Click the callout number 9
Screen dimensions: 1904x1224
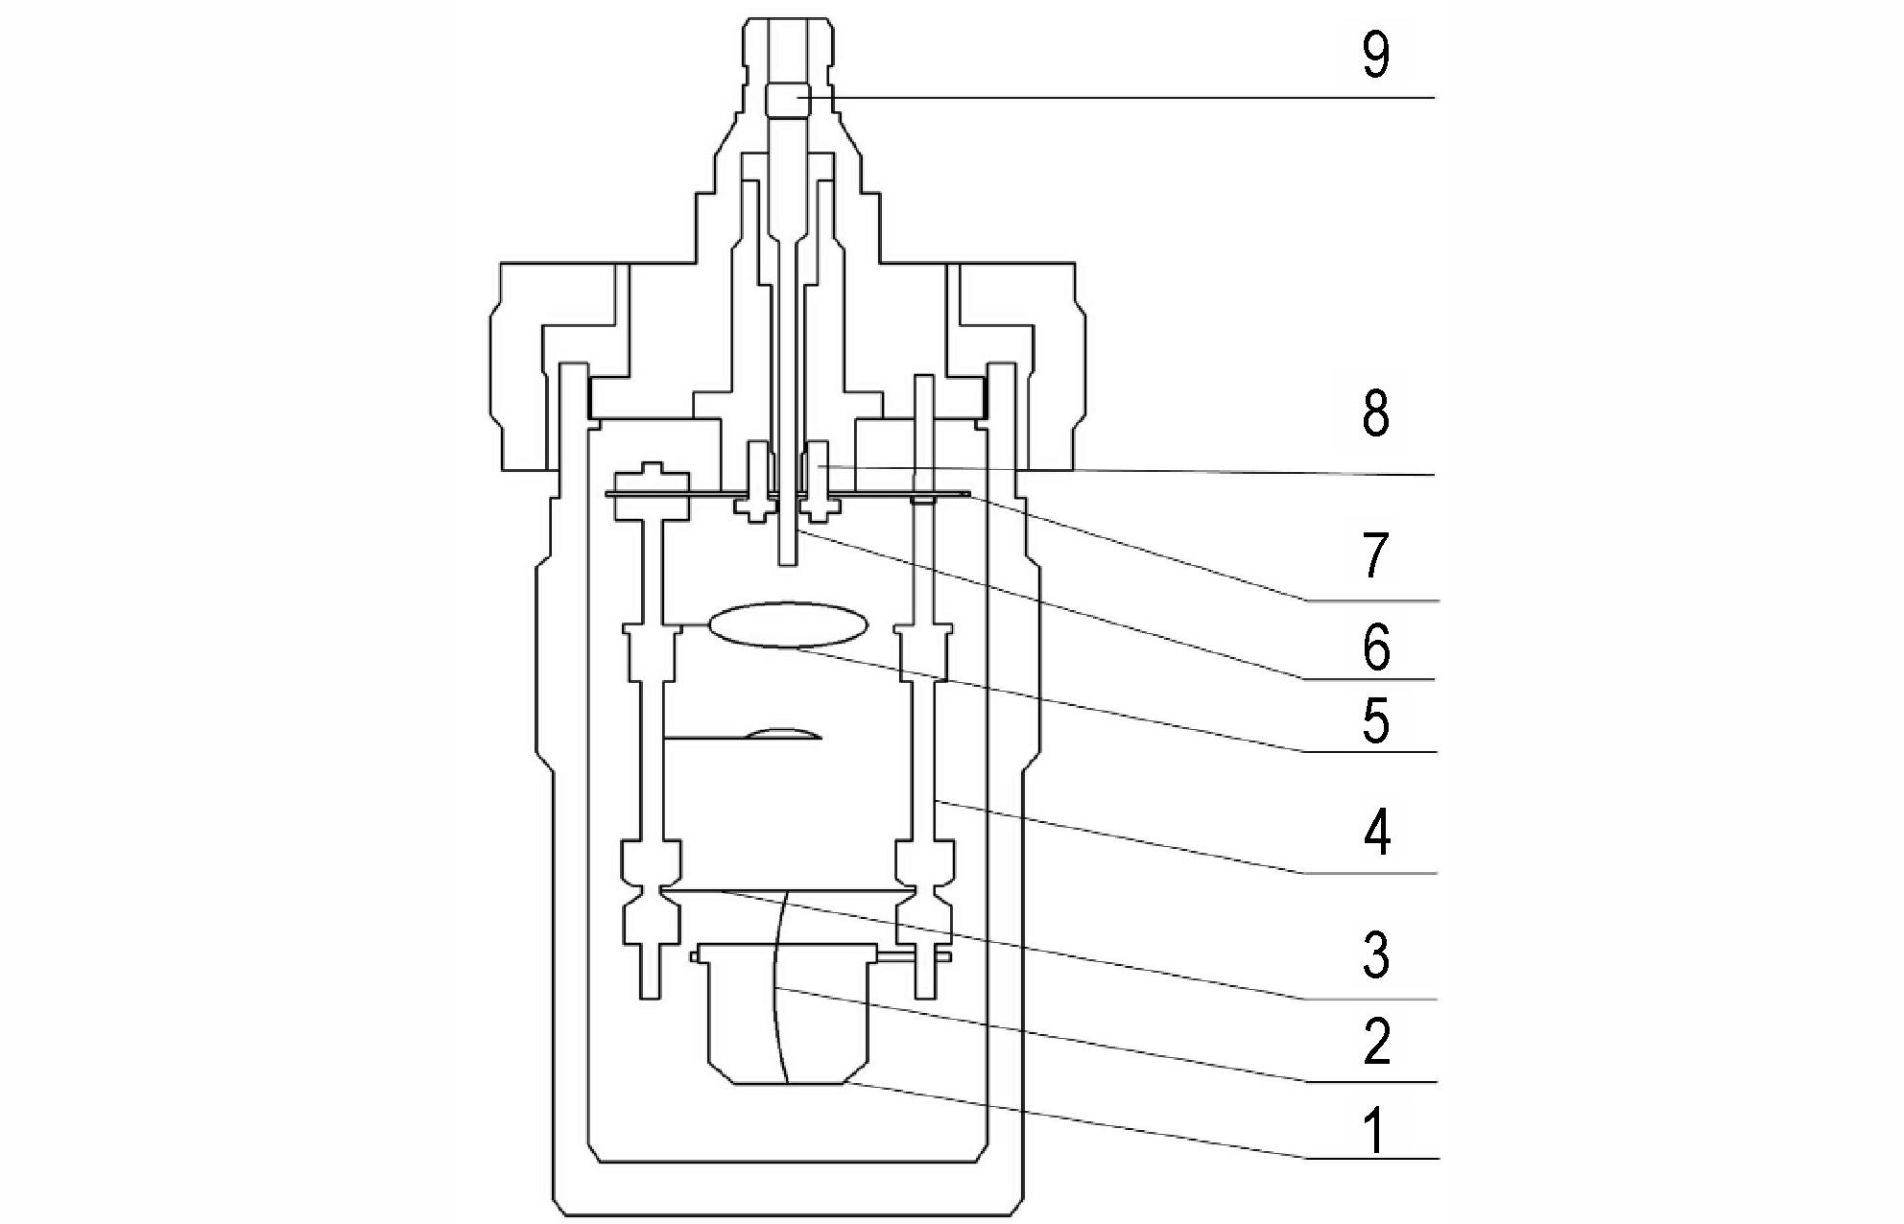1375,56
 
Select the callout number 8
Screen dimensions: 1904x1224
1376,415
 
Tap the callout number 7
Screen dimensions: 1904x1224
1376,556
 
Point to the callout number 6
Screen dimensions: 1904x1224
1376,648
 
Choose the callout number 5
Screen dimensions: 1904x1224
1376,721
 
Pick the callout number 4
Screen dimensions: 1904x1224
1376,833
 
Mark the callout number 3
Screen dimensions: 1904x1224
1376,956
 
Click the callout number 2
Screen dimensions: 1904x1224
1376,1043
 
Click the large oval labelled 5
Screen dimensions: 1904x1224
788,624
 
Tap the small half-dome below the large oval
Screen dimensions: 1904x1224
784,734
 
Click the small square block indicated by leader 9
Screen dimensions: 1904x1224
788,100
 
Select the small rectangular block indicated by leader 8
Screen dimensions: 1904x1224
819,467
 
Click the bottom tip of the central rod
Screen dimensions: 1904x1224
788,566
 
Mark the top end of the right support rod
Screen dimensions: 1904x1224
925,377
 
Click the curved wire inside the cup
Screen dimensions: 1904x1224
779,987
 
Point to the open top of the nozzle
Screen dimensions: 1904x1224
788,19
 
